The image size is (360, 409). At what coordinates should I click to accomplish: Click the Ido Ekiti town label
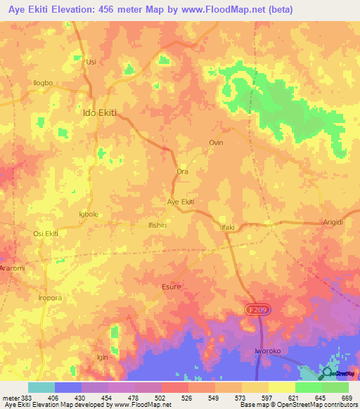pos(99,112)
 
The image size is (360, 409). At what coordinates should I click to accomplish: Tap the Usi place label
pos(90,62)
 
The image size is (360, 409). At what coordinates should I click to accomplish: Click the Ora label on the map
pos(182,171)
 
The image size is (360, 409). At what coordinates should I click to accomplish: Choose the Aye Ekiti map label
pos(180,202)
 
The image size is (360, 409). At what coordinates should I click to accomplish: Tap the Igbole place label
pos(91,213)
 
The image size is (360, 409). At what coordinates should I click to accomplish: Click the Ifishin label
pos(157,225)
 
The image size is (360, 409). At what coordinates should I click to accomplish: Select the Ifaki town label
pos(227,227)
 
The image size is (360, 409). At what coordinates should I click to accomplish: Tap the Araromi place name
pos(12,268)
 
